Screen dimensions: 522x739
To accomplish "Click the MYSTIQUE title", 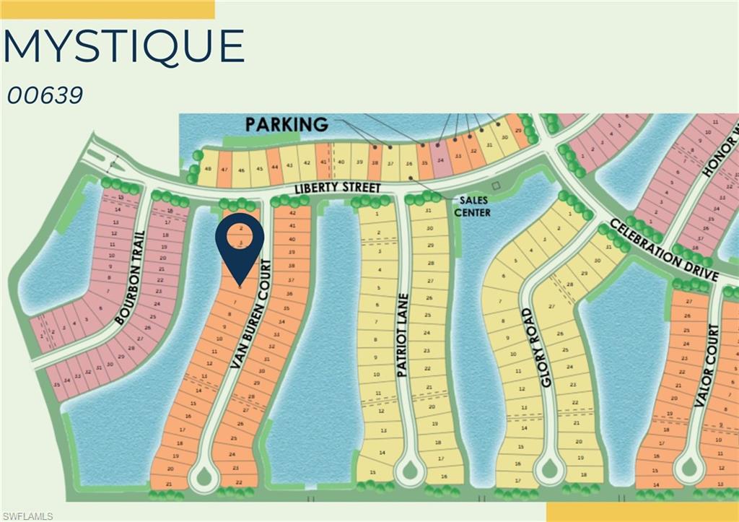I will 123,47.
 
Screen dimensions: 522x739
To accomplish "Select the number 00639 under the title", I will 45,95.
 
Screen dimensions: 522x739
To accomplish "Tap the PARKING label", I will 287,125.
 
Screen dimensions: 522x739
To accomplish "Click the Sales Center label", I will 472,206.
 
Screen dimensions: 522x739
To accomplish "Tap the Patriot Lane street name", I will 403,335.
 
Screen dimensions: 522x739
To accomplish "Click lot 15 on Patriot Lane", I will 372,472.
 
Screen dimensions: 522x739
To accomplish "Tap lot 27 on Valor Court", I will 688,301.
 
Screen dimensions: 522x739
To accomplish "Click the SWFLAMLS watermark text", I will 27,516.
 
